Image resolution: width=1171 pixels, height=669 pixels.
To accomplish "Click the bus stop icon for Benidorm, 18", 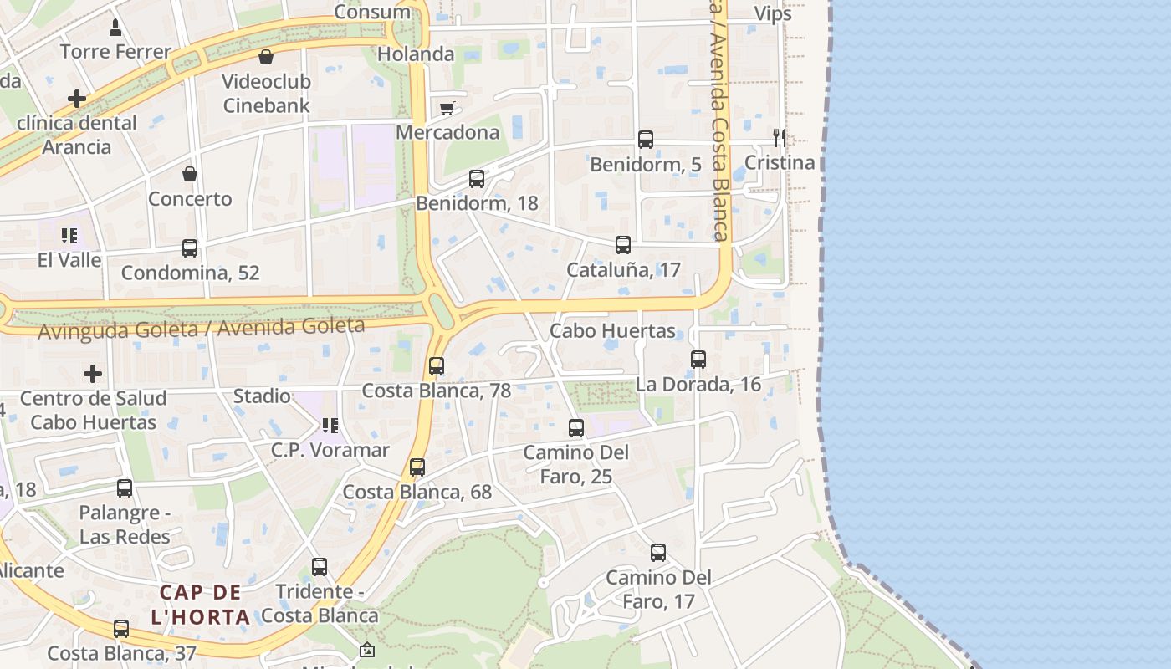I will coord(477,178).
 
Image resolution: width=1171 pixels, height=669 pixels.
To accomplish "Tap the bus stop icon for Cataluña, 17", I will coord(623,245).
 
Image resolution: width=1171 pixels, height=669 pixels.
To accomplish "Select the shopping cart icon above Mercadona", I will coord(447,108).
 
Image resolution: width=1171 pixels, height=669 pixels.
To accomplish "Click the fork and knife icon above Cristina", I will coord(779,137).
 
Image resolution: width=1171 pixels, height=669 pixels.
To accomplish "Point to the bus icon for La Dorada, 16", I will coord(698,360).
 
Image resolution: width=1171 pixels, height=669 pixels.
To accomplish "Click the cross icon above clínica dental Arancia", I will coord(77,99).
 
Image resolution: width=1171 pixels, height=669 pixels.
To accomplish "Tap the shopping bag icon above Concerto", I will coord(190,174).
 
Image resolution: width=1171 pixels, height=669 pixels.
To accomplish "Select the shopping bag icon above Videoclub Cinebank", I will coord(266,57).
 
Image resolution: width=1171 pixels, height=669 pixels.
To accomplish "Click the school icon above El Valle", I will coord(69,236).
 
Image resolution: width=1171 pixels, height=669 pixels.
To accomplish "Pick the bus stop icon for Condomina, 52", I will coord(190,248).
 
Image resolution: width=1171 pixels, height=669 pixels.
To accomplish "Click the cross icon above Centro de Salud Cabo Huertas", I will coord(93,373).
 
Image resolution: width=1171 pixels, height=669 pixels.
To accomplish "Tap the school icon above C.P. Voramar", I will coord(330,426).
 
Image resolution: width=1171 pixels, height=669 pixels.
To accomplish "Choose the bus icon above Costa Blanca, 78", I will coord(436,366).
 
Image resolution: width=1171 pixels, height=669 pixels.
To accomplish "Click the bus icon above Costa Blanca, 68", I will coord(417,467).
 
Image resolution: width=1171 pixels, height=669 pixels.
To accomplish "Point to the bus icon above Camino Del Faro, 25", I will coord(576,428).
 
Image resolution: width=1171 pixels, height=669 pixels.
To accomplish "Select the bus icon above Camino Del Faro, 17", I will coord(658,553).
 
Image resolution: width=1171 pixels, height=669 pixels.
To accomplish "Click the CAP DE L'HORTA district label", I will coord(202,605).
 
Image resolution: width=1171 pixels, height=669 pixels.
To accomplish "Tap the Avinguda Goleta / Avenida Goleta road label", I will coord(202,328).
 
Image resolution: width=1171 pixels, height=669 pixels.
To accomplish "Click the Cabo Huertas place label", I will coord(612,330).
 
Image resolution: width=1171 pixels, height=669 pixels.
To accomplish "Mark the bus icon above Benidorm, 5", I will coord(646,140).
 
